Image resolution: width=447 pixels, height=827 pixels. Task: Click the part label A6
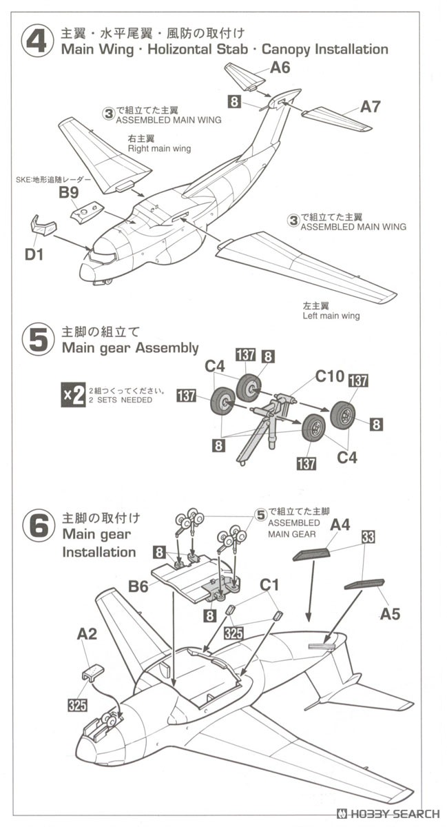pos(280,68)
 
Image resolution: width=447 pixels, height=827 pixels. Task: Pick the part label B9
pos(68,193)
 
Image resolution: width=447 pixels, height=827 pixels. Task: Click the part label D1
pos(34,255)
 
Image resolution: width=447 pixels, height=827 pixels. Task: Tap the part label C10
pos(330,376)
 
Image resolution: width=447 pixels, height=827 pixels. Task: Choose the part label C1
pos(269,585)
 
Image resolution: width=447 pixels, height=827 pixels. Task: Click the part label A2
pos(87,633)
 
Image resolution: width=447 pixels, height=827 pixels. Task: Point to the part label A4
pos(340,524)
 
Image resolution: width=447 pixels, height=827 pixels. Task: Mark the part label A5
pos(390,613)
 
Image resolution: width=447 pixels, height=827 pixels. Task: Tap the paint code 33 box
pos(367,538)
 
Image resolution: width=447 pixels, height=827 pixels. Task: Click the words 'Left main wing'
pos(331,316)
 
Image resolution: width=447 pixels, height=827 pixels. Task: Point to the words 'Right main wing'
pos(159,148)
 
